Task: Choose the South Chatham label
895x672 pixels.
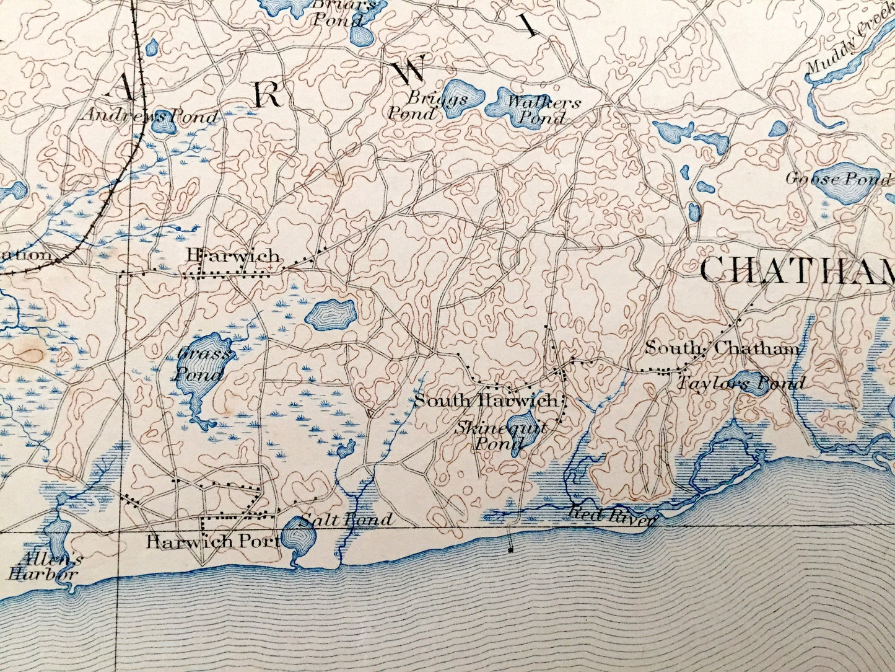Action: tap(722, 348)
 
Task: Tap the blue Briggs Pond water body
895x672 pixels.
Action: tap(464, 96)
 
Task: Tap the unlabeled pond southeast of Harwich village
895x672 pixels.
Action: tap(330, 316)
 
